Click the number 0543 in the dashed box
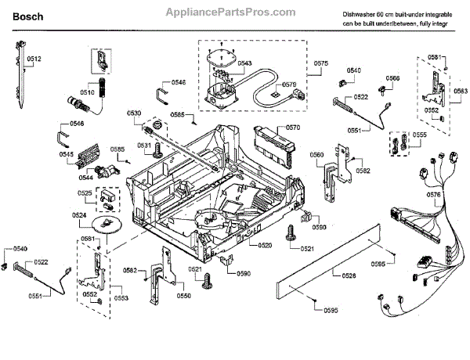tap(244, 63)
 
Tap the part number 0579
tap(289, 85)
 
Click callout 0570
tap(292, 126)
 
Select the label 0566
tap(392, 78)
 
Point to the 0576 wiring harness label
tap(433, 194)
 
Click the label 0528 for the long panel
tap(349, 275)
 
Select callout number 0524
tap(79, 214)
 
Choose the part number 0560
tap(316, 155)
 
